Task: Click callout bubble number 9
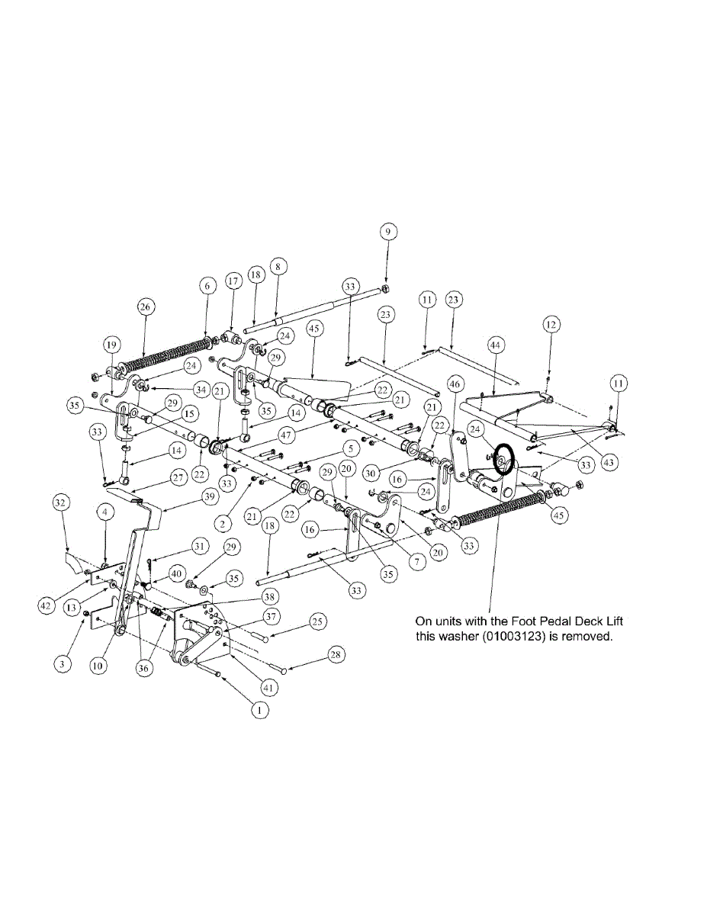[x=386, y=230]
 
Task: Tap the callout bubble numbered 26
[x=146, y=307]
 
